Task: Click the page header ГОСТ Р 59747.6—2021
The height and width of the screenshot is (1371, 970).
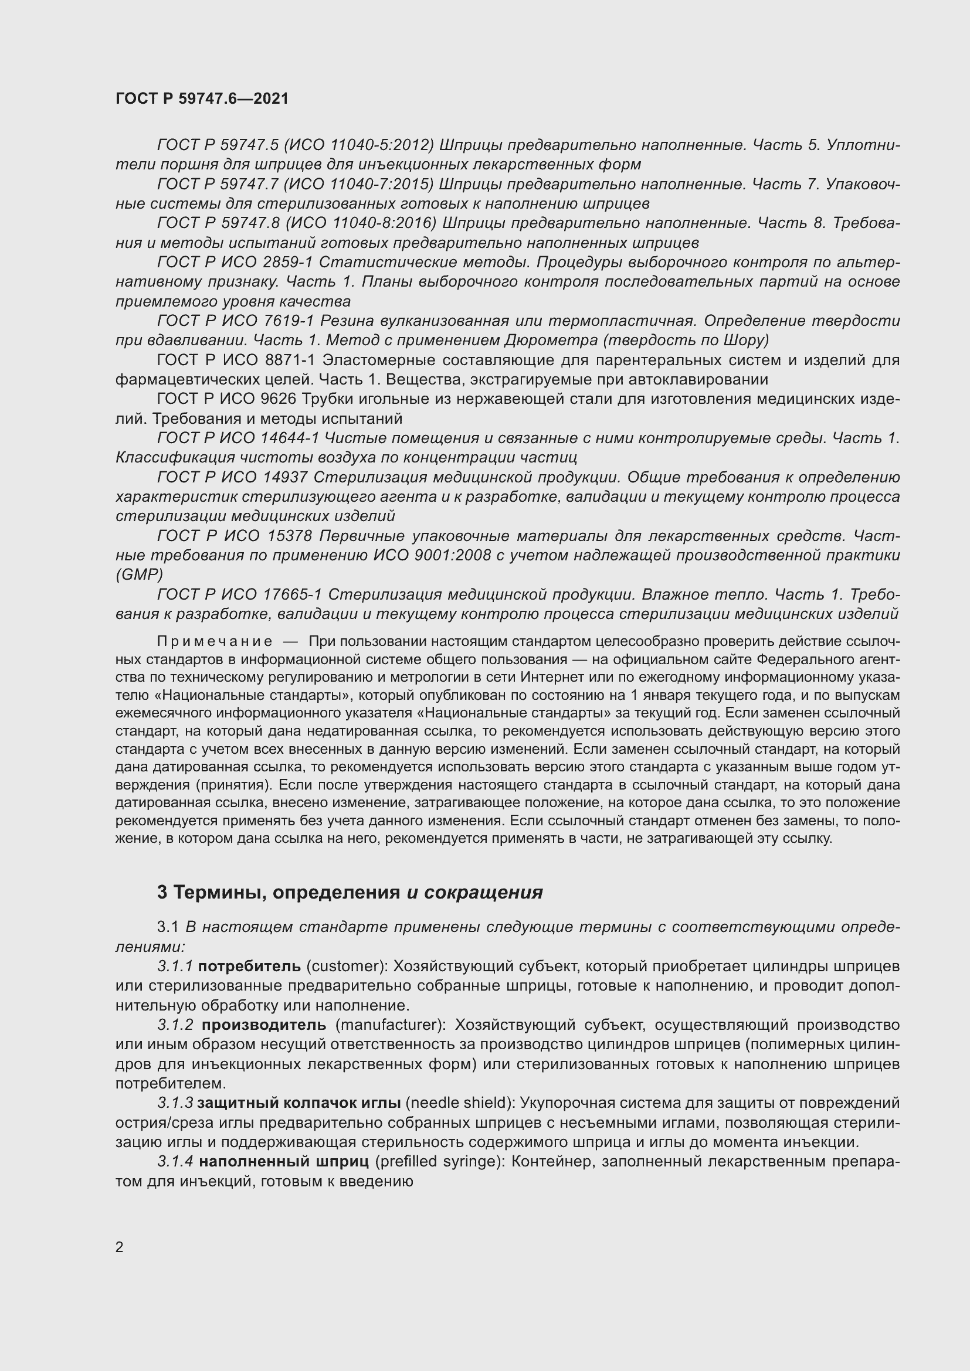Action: (x=202, y=98)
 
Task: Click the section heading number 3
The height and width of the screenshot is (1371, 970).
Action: (x=162, y=893)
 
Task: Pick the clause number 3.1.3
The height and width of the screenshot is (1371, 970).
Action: (x=175, y=1103)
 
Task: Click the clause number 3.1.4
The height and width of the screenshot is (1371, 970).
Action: (x=175, y=1161)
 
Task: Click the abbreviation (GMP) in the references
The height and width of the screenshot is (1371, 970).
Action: (x=139, y=574)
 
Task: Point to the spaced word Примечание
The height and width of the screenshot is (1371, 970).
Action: (x=215, y=641)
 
